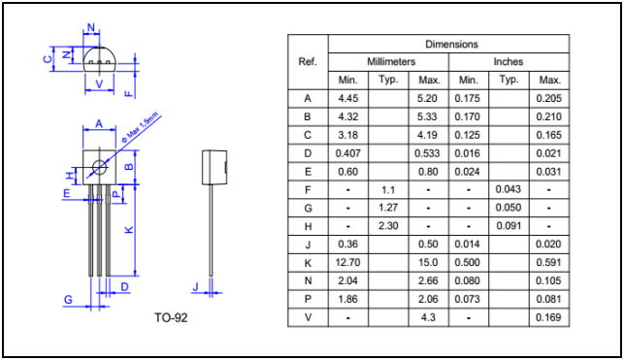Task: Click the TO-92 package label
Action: pos(171,317)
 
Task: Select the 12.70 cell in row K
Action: pos(347,263)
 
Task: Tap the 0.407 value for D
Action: pos(347,153)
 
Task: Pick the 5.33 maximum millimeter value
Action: pos(427,116)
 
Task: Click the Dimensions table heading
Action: pos(451,45)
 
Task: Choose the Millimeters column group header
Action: pos(391,62)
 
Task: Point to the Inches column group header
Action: pos(509,62)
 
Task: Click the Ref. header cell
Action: pos(308,62)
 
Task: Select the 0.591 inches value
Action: pos(548,263)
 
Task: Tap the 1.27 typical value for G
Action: pos(388,208)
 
